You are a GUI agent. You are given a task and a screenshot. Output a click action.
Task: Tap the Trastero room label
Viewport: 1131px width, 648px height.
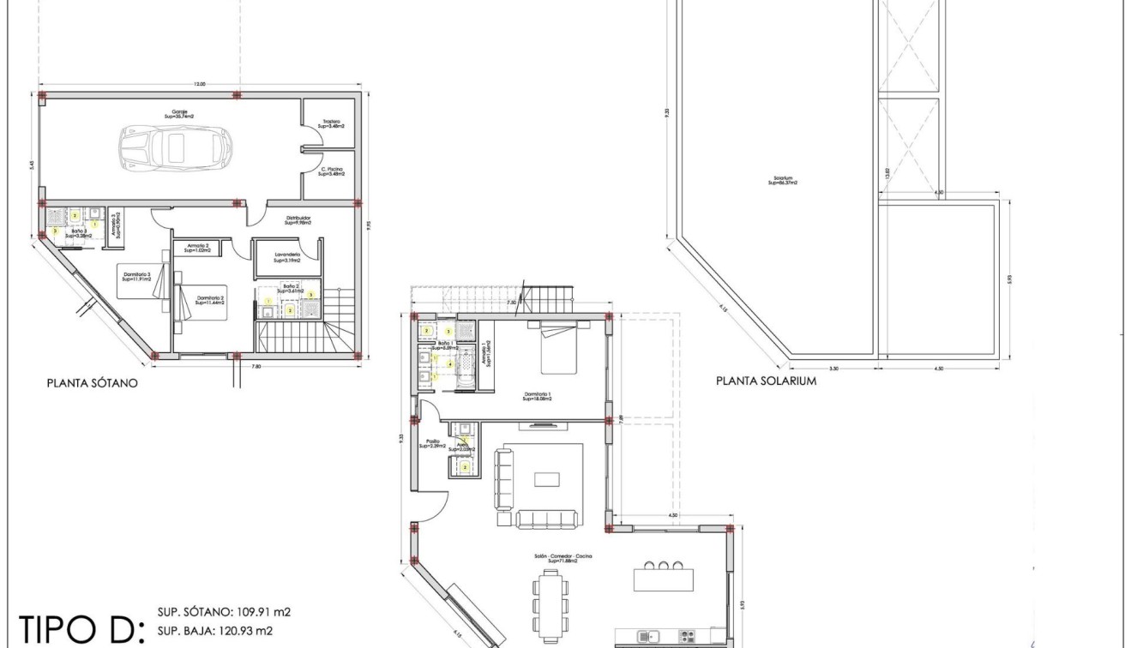[x=332, y=123]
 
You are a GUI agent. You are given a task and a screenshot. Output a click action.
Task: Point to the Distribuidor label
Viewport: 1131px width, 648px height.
[x=298, y=219]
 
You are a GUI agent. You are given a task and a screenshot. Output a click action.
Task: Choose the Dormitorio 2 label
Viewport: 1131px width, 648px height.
[x=209, y=300]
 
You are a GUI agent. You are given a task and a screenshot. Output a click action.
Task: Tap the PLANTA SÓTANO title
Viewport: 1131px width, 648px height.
[x=92, y=384]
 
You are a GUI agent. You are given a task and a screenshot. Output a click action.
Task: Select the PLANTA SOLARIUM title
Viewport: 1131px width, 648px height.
[x=766, y=381]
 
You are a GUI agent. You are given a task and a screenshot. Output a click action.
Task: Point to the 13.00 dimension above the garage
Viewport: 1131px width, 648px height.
[x=199, y=84]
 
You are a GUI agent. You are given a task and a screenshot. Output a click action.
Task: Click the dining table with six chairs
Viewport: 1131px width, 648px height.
[x=550, y=603]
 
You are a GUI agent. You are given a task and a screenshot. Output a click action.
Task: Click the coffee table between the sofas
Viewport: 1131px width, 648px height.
[x=547, y=479]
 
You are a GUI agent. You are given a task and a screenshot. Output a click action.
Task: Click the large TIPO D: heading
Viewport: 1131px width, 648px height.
[x=77, y=628]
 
